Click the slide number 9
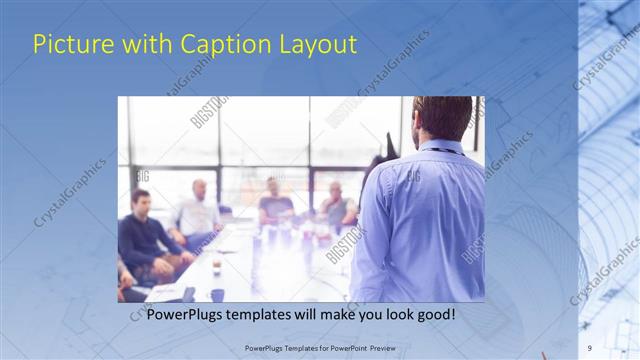[x=590, y=347]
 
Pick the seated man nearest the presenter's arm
[x=338, y=205]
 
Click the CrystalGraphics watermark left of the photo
[x=70, y=190]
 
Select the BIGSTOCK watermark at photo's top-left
[x=210, y=112]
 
